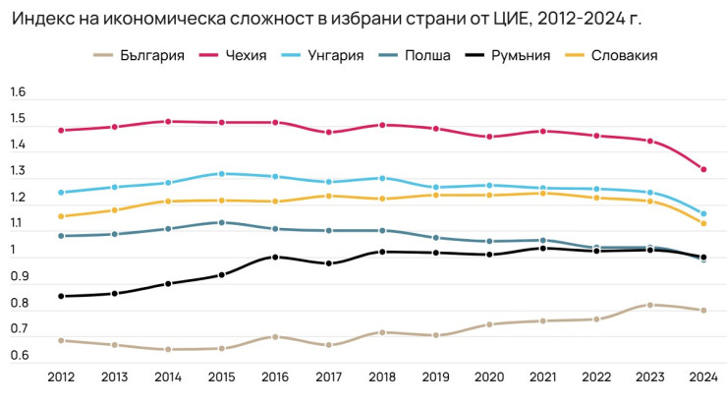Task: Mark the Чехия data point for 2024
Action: click(702, 169)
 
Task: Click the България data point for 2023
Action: click(649, 305)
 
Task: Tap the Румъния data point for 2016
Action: click(275, 258)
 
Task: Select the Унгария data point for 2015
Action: click(221, 174)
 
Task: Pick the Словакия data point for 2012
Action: click(61, 216)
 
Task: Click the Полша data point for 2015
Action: click(221, 222)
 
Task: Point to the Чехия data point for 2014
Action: click(168, 122)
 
